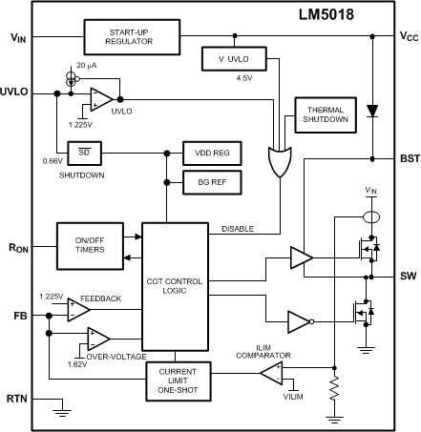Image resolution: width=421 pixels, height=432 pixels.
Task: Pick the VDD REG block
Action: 212,153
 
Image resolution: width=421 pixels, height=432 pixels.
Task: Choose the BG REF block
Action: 212,179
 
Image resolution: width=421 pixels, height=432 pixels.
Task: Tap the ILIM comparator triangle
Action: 274,372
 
